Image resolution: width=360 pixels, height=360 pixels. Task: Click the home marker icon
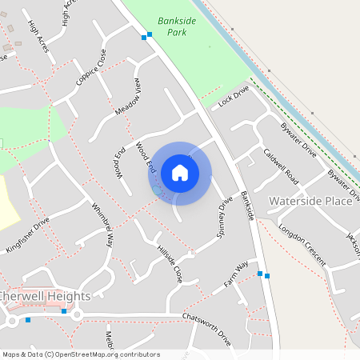pos(180,172)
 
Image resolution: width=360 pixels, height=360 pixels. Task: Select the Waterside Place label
pos(310,201)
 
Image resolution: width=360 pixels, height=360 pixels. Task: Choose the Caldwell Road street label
pos(281,163)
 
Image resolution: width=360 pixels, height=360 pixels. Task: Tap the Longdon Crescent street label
pos(302,245)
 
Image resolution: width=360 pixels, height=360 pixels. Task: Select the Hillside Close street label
pos(170,263)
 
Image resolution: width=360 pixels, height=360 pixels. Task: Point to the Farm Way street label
pos(237,274)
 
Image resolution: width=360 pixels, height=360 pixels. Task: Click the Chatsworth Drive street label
pos(206,329)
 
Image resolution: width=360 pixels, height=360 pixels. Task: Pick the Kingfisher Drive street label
pos(28,232)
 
